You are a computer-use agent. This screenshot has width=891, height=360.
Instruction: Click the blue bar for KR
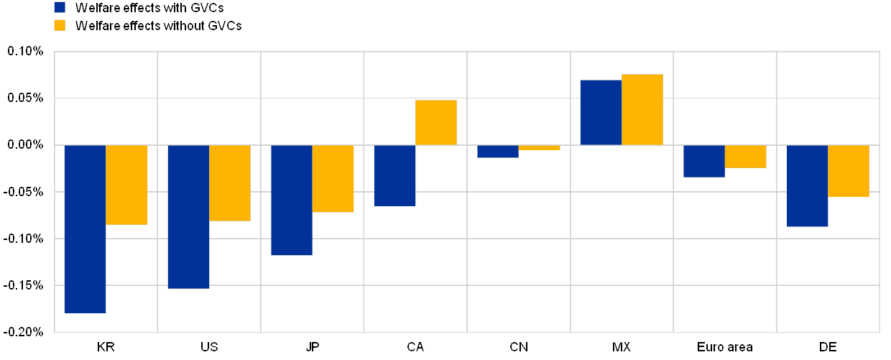[x=86, y=229]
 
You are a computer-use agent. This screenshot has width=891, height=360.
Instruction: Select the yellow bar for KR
[x=127, y=185]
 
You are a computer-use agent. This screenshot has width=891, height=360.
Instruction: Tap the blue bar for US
[x=188, y=216]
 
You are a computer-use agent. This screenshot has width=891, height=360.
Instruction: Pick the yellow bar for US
[x=230, y=183]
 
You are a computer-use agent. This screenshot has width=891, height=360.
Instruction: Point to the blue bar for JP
[x=292, y=200]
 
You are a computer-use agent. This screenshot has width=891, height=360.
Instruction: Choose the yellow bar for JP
[x=333, y=178]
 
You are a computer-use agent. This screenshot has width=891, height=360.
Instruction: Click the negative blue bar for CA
[x=395, y=175]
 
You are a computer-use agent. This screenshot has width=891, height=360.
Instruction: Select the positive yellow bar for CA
[x=436, y=122]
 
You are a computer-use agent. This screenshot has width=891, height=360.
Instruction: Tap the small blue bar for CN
[x=498, y=151]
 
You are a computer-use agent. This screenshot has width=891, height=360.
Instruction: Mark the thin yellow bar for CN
[x=540, y=147]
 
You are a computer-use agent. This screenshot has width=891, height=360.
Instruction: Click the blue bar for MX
[x=601, y=112]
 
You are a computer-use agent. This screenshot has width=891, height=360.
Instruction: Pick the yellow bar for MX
[x=642, y=109]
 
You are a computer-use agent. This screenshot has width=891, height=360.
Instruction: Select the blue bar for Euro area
[x=704, y=161]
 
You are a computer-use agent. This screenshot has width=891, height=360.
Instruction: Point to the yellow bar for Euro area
[x=746, y=156]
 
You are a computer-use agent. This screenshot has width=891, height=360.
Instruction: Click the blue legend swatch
[x=60, y=8]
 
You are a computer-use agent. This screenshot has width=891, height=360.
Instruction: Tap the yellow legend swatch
[x=60, y=25]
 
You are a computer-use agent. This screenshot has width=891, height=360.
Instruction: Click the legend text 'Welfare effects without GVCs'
[x=158, y=25]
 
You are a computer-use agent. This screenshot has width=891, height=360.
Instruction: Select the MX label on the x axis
[x=622, y=347]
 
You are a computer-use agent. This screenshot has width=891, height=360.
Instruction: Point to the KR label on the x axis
[x=106, y=347]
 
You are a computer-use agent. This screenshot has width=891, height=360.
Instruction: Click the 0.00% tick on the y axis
[x=25, y=145]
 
